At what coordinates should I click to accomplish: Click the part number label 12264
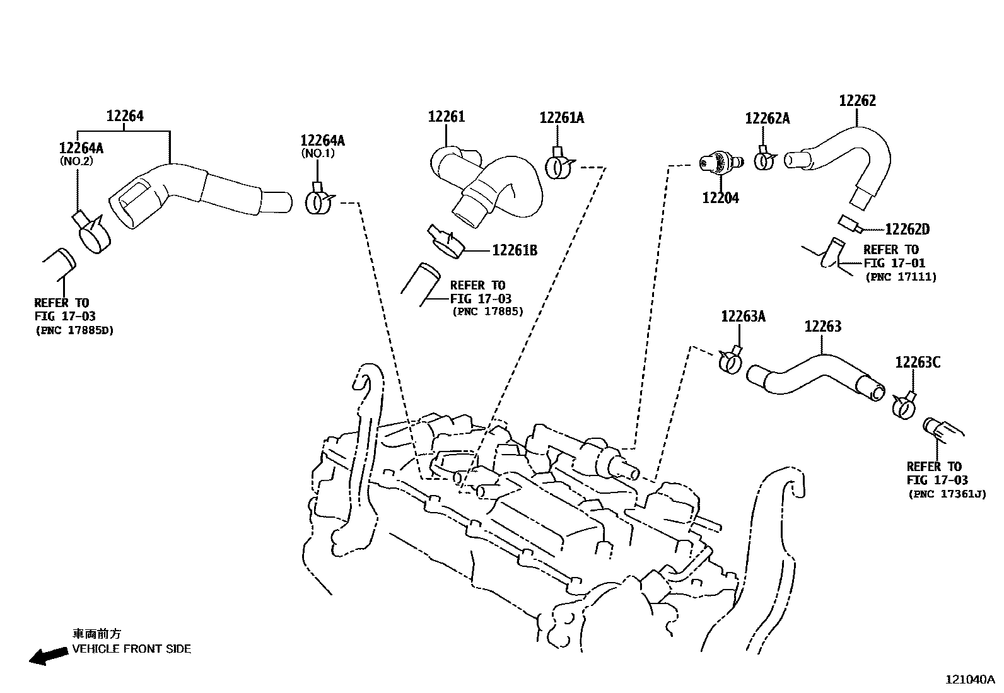[125, 116]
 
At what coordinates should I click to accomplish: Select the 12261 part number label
[446, 117]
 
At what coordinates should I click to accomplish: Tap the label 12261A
[561, 118]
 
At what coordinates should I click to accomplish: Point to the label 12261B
[515, 251]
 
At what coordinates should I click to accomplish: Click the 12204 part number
[720, 198]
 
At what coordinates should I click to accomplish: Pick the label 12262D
[907, 230]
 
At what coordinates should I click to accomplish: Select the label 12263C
[918, 363]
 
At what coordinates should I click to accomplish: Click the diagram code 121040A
[969, 679]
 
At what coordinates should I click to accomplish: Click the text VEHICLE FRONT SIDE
[131, 649]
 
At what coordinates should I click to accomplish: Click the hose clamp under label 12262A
[765, 160]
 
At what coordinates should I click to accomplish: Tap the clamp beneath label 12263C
[904, 407]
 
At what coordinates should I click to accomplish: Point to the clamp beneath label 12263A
[730, 361]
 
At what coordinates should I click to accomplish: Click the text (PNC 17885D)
[74, 330]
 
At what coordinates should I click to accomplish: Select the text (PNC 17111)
[901, 277]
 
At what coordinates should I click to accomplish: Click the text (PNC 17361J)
[947, 494]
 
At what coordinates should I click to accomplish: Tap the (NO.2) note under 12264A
[76, 160]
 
